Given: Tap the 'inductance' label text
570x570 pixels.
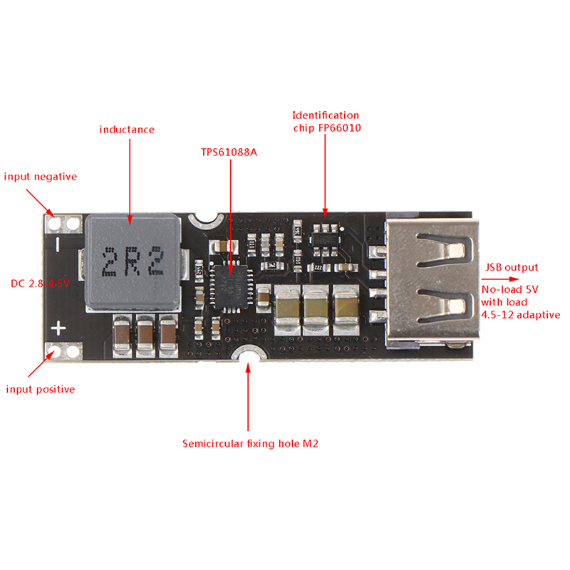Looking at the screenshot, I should click(127, 130).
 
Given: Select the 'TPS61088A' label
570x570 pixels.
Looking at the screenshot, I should click(229, 152).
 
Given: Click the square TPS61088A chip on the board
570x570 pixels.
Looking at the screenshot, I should click(231, 284).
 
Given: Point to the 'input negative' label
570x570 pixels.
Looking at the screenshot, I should click(41, 177).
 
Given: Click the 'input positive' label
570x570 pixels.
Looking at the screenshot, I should click(41, 389).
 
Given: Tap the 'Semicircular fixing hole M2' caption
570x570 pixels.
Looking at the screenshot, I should click(249, 444).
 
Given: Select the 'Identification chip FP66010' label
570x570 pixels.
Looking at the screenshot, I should click(326, 121).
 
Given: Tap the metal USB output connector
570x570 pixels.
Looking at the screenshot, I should click(427, 281).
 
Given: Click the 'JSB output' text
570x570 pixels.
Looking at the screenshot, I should click(511, 268).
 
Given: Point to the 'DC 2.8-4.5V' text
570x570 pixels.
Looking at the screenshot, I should click(39, 284).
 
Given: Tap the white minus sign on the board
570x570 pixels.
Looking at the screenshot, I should click(60, 242).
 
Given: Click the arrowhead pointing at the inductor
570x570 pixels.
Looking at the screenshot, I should click(130, 220).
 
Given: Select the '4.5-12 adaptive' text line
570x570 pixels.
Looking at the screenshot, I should click(521, 314).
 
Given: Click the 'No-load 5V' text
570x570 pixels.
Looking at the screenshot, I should click(511, 290).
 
